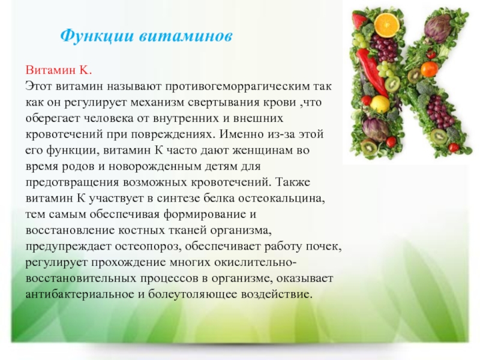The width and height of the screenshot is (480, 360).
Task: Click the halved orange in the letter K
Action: coord(386,25)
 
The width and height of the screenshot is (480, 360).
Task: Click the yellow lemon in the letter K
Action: coord(380,103)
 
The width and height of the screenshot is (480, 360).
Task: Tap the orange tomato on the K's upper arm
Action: coord(429,69)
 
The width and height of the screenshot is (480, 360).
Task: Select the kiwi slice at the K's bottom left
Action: coord(368,146)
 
